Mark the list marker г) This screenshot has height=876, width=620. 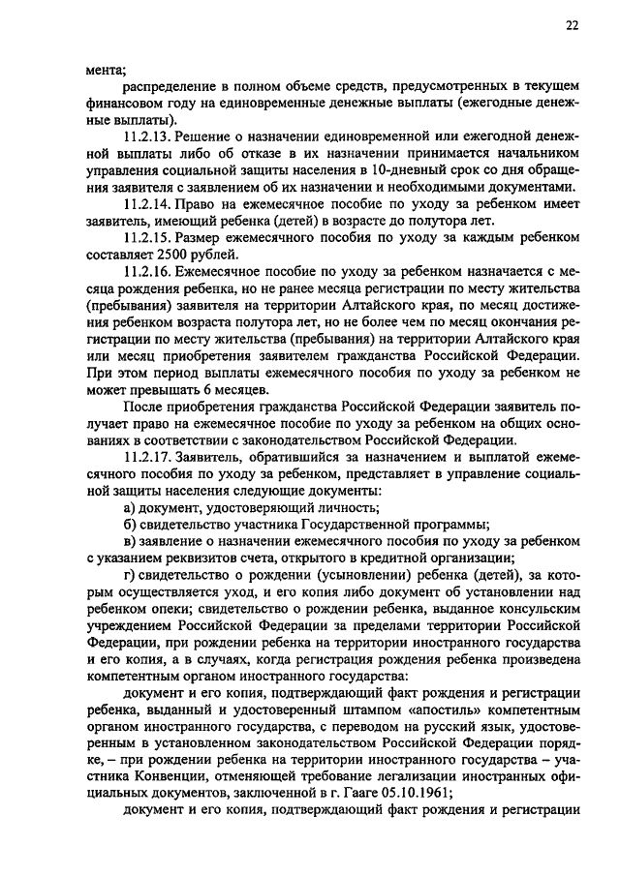pyautogui.click(x=129, y=574)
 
